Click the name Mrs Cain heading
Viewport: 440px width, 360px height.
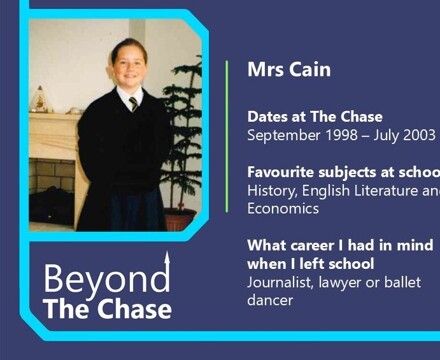click(x=289, y=70)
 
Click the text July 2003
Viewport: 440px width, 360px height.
click(x=405, y=135)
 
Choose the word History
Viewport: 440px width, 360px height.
click(x=272, y=190)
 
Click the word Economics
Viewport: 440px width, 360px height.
click(x=283, y=208)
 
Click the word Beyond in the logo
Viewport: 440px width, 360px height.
click(x=106, y=279)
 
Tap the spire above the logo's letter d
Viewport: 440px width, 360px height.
click(x=167, y=260)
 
